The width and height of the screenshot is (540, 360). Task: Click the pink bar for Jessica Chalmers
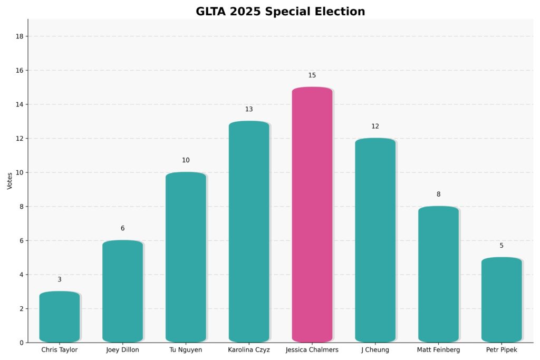click(x=312, y=215)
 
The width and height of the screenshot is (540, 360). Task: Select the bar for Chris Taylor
click(x=60, y=317)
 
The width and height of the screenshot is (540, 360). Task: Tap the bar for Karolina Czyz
click(x=249, y=232)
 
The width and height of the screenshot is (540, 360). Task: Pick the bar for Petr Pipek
click(x=502, y=300)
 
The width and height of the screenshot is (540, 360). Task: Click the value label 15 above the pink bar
click(x=312, y=75)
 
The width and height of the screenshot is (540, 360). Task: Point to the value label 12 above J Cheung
click(x=375, y=127)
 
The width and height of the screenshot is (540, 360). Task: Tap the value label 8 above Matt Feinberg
click(x=438, y=194)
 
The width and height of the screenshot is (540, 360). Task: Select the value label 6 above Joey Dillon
click(x=122, y=228)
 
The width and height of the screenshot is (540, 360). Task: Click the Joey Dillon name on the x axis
click(x=122, y=350)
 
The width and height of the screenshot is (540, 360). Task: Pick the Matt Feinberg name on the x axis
click(x=438, y=350)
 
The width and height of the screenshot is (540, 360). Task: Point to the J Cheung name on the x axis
click(x=375, y=350)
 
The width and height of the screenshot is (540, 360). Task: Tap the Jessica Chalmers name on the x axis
click(x=312, y=350)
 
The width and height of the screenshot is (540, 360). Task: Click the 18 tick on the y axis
click(x=20, y=36)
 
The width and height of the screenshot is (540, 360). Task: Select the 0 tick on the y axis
click(x=21, y=343)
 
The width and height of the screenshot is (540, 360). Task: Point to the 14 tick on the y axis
click(x=20, y=104)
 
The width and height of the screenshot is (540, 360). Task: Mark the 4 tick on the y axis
click(x=21, y=275)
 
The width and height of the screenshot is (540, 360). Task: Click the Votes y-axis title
click(x=9, y=181)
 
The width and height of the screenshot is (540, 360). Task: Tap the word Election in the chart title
click(x=336, y=12)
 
